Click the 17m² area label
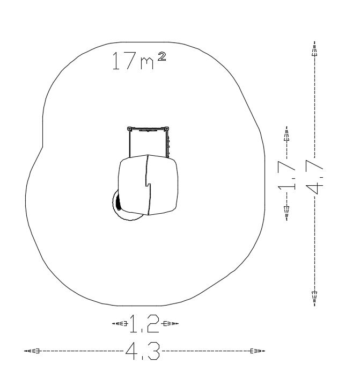point(139,61)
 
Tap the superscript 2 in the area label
point(162,56)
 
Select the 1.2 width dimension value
point(144,323)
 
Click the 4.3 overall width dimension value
point(143,351)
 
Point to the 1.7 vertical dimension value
point(286,175)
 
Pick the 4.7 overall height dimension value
point(314,176)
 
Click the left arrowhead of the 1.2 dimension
point(120,323)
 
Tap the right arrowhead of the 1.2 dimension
point(171,323)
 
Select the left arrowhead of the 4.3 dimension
point(32,351)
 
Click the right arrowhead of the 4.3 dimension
point(258,351)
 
